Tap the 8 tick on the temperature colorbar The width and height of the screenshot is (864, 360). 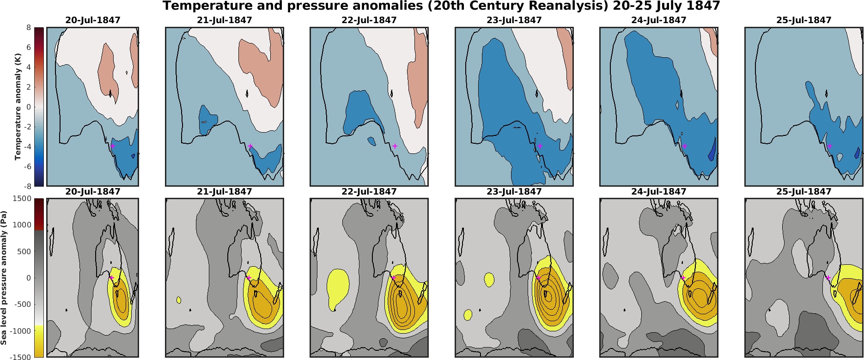pyautogui.click(x=28, y=27)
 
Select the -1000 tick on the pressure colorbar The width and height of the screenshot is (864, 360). pyautogui.click(x=21, y=331)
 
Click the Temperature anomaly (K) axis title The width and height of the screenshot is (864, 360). pyautogui.click(x=18, y=107)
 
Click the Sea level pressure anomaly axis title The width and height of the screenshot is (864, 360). pyautogui.click(x=4, y=277)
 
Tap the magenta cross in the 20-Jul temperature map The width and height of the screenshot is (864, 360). pyautogui.click(x=112, y=146)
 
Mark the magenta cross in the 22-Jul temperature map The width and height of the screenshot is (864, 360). pyautogui.click(x=395, y=146)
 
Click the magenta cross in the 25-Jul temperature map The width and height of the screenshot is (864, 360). pyautogui.click(x=829, y=146)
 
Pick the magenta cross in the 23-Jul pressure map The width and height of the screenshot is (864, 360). pyautogui.click(x=538, y=278)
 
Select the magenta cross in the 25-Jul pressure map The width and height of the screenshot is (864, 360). pyautogui.click(x=828, y=278)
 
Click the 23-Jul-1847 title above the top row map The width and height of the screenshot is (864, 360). pyautogui.click(x=514, y=20)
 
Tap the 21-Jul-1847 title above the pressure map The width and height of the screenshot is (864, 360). pyautogui.click(x=224, y=191)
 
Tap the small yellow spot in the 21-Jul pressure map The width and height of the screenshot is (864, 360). pyautogui.click(x=179, y=299)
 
